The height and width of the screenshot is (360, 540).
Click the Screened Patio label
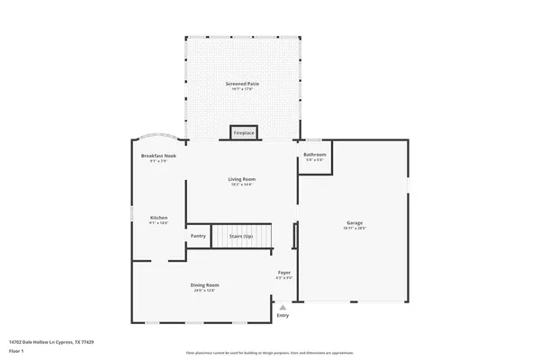point(243,84)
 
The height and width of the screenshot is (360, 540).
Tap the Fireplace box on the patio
point(244,132)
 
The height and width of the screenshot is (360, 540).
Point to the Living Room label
point(242,179)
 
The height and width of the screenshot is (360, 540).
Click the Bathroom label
point(314,155)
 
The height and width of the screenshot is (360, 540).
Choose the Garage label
point(355,222)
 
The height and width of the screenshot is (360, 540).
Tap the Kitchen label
point(158,218)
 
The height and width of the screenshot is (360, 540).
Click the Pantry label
point(198,236)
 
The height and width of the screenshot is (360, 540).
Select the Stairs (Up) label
point(240,236)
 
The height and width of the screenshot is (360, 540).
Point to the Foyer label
point(283,272)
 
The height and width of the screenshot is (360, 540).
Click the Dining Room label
point(204,284)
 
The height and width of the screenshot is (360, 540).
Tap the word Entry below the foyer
point(283,315)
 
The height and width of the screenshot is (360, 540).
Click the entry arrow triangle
point(283,307)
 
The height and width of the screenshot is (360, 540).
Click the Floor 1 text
point(16,350)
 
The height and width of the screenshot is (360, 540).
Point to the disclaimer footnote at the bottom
point(269,354)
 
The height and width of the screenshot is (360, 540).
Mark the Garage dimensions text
point(355,228)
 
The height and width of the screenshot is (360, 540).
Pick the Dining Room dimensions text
point(204,290)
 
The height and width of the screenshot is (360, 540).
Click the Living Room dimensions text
point(242,184)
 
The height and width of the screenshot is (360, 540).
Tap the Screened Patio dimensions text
point(243,89)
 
